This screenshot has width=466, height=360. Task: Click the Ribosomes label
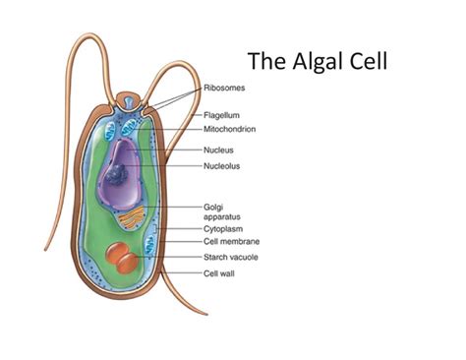click(225, 88)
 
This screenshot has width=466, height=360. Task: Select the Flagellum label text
click(223, 114)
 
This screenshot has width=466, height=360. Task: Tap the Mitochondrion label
click(230, 130)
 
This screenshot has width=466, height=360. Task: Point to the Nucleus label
click(218, 150)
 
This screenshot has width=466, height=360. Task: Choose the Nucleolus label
click(221, 166)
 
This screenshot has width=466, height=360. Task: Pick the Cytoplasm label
click(223, 228)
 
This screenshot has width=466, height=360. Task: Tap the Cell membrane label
click(231, 241)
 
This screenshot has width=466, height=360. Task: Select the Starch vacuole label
click(232, 258)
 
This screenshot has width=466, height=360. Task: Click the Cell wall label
click(219, 273)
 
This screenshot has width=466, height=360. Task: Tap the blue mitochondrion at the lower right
click(149, 246)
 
